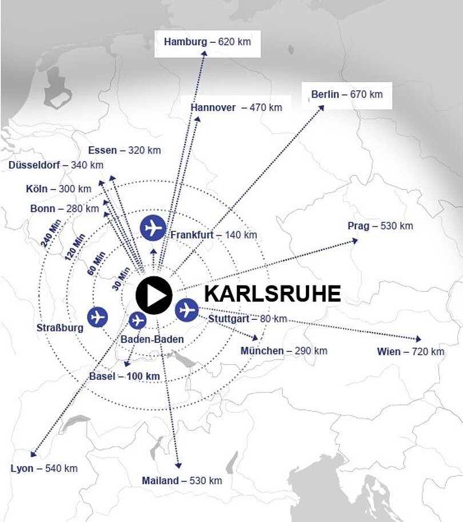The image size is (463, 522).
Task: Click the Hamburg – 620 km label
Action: pos(207,42)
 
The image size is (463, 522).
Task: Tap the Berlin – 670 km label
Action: pos(346,94)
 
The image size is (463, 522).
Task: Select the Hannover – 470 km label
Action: pos(236,107)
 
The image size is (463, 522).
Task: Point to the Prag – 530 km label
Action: pos(380,226)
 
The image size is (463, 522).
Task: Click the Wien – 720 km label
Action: pos(410,352)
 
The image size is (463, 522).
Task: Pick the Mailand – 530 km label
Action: pos(182,481)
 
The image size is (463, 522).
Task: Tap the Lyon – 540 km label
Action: pos(44,468)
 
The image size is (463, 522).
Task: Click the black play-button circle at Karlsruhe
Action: pos(154,295)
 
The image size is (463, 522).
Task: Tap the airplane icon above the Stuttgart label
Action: pos(186,310)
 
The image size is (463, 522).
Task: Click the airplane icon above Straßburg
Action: pos(98,316)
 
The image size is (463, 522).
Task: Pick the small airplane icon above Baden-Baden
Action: pos(138,321)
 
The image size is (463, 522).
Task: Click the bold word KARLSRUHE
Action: pos(272,294)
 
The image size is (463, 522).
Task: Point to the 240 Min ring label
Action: pos(51,233)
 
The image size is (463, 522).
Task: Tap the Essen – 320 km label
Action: pos(124,151)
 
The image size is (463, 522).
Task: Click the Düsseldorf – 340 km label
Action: pos(56,165)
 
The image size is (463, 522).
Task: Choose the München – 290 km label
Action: pos(284,351)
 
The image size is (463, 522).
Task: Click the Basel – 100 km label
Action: pos(124,376)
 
